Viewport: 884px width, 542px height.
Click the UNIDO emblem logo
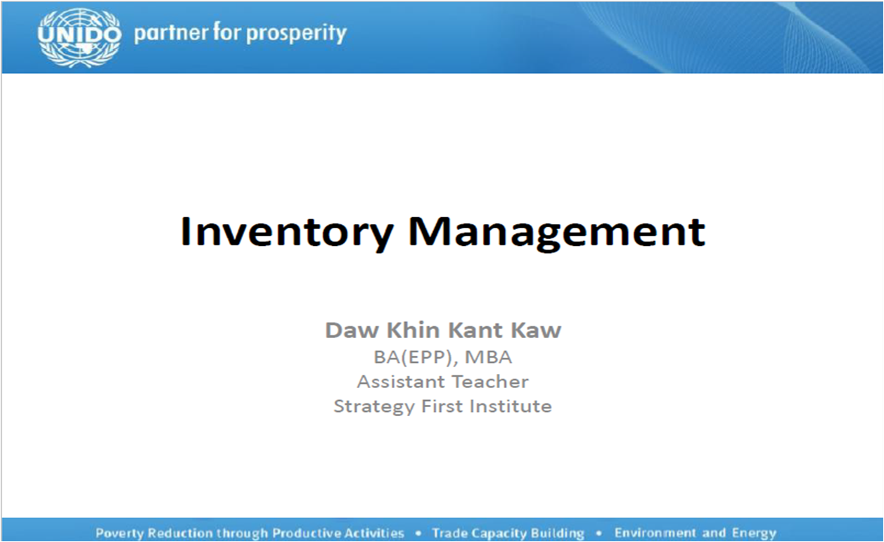point(79,37)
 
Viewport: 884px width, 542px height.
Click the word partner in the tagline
point(170,33)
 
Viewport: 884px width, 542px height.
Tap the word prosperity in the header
point(297,33)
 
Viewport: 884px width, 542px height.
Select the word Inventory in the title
point(286,233)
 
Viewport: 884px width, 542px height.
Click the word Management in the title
point(556,233)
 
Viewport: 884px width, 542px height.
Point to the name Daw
point(352,330)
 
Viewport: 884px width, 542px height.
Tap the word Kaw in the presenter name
point(536,330)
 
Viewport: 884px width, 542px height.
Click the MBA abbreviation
point(489,357)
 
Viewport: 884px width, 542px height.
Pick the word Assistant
point(401,382)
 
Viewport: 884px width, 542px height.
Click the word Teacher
point(490,382)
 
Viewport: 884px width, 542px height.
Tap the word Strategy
point(374,407)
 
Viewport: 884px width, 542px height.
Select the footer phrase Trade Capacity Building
point(508,534)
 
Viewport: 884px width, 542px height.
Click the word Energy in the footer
point(754,534)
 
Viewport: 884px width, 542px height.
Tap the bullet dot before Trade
point(418,534)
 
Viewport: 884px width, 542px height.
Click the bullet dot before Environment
point(598,534)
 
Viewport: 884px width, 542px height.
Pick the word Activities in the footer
point(374,533)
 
